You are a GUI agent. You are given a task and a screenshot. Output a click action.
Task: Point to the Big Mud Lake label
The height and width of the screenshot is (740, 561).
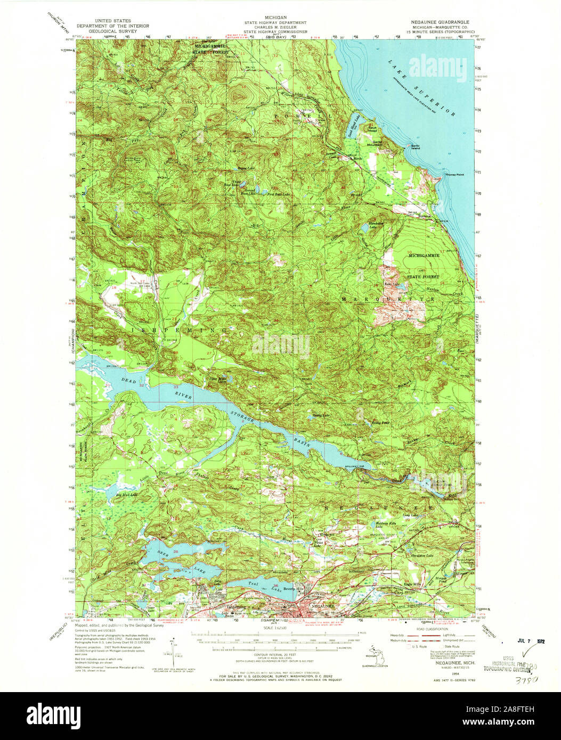click(x=126, y=495)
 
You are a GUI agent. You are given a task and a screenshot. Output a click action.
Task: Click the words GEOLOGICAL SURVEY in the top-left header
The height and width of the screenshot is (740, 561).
click(x=112, y=31)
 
